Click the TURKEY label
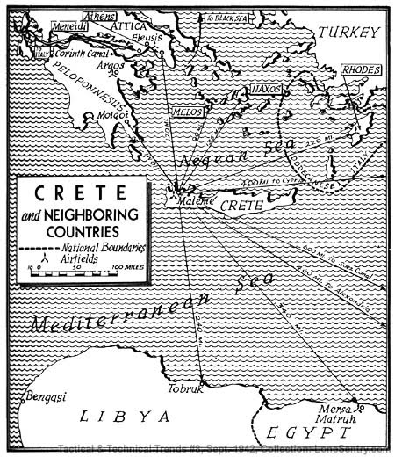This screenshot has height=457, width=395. pyautogui.click(x=348, y=33)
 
